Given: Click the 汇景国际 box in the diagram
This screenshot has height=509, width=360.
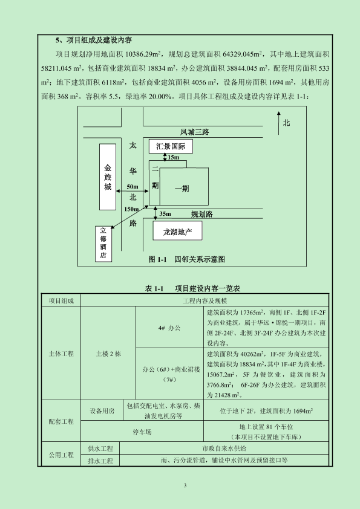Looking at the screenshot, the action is [171, 146].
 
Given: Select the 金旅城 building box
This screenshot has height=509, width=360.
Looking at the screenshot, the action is [108, 177].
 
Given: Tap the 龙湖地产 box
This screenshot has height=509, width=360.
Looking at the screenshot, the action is [177, 231].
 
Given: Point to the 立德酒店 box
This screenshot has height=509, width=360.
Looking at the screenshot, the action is [103, 244].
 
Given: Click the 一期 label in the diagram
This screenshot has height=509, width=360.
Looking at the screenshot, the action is [182, 189].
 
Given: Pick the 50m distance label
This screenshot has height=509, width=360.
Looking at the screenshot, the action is [133, 187].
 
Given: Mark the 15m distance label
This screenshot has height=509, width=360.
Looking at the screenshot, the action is [173, 157].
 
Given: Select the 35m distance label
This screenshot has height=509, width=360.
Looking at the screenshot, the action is [165, 214].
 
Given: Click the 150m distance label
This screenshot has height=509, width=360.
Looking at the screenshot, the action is [131, 209].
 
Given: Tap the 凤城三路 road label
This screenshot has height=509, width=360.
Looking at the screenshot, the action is [195, 132].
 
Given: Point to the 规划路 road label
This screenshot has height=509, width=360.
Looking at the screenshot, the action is [202, 214].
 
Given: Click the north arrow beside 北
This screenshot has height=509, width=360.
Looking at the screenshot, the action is [278, 123].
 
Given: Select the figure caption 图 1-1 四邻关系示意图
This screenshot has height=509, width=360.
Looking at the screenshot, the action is [187, 259].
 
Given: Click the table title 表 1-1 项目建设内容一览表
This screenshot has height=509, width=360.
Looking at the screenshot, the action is [192, 288].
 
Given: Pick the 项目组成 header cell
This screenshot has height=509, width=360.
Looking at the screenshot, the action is [61, 301].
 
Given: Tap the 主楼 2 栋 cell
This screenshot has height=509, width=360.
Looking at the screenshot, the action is [108, 354].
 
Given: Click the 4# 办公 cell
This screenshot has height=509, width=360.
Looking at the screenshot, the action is [169, 327].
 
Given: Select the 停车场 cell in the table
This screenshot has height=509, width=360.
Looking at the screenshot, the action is [142, 432].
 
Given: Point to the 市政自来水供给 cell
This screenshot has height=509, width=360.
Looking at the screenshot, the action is [224, 449].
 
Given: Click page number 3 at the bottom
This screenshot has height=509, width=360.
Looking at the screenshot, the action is [185, 485].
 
